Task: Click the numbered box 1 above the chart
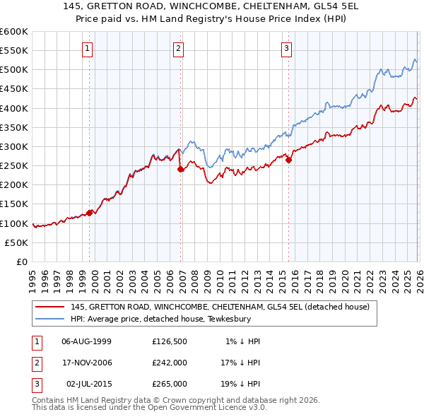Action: (x=87, y=49)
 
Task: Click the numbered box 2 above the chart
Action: (x=178, y=49)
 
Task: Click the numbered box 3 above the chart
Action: (x=286, y=49)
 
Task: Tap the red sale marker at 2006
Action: (x=181, y=169)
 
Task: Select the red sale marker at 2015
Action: (x=289, y=160)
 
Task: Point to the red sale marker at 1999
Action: (x=90, y=213)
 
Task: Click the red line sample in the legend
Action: (x=49, y=307)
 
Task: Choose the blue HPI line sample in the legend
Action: (x=49, y=319)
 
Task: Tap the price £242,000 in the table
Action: (x=170, y=363)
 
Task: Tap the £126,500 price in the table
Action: (x=170, y=341)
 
